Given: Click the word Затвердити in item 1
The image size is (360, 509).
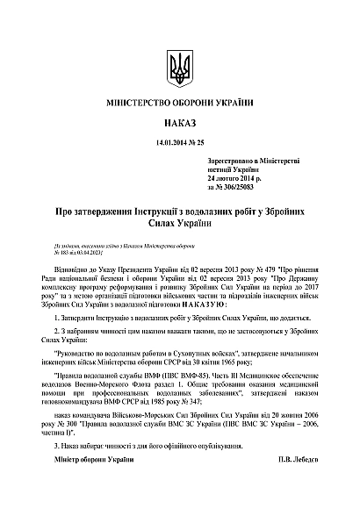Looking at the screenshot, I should pyautogui.click(x=76, y=308).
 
